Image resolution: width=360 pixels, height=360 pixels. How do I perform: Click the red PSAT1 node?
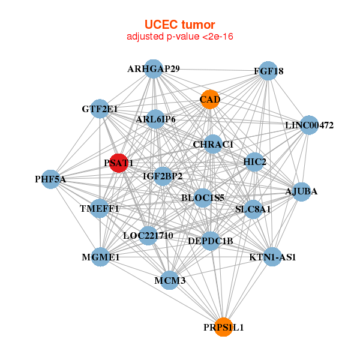tap(119, 163)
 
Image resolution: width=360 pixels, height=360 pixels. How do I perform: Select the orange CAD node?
tap(209, 100)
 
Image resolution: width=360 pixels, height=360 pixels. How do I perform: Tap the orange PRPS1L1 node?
tap(223, 327)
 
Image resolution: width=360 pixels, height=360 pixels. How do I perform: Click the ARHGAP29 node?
tap(154, 69)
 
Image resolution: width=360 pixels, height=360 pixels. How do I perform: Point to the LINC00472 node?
tap(309, 125)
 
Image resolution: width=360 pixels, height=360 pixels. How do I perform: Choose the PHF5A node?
tap(50, 179)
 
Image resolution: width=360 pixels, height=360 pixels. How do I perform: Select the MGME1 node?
tap(101, 257)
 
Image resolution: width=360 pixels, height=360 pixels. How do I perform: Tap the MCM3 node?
tap(170, 280)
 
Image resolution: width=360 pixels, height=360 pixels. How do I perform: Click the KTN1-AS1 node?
tap(272, 257)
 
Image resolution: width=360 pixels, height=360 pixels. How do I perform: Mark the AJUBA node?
tap(301, 191)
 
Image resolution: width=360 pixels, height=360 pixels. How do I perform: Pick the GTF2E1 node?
tap(100, 109)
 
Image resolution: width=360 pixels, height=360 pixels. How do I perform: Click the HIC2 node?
tap(255, 162)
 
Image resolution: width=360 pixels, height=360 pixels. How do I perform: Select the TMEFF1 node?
tap(100, 208)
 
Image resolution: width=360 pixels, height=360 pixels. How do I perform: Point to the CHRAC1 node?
tap(213, 145)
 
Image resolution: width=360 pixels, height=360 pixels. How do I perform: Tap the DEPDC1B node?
tap(210, 241)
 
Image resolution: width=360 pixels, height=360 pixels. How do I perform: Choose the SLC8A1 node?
tap(253, 209)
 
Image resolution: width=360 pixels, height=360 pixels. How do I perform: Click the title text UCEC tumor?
tap(180, 25)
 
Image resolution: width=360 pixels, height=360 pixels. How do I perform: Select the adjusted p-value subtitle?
tap(180, 37)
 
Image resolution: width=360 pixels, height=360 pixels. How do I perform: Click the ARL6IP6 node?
tap(155, 119)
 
